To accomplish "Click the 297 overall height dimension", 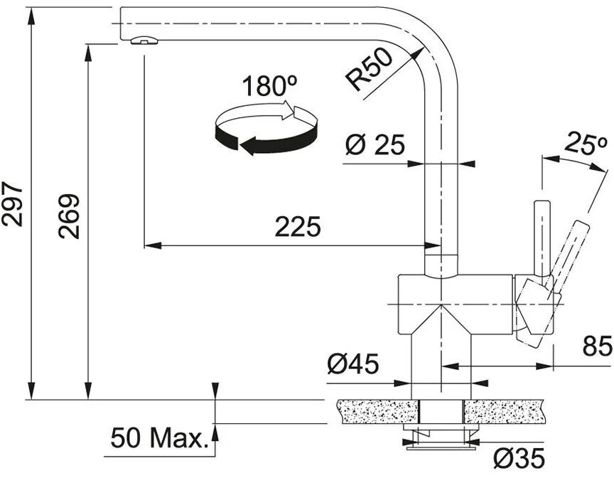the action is coord(12,203).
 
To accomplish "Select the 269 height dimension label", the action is coord(69,216).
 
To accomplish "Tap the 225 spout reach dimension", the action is coord(298,226).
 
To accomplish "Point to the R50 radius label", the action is coord(369,69).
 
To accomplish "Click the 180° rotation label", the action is coord(269,86).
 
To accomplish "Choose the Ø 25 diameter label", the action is coord(375,144).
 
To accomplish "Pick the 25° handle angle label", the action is coord(586,144).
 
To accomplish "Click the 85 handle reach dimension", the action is coord(597,346).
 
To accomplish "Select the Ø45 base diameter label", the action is coord(352,364).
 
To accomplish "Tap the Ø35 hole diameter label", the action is coord(519,457).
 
